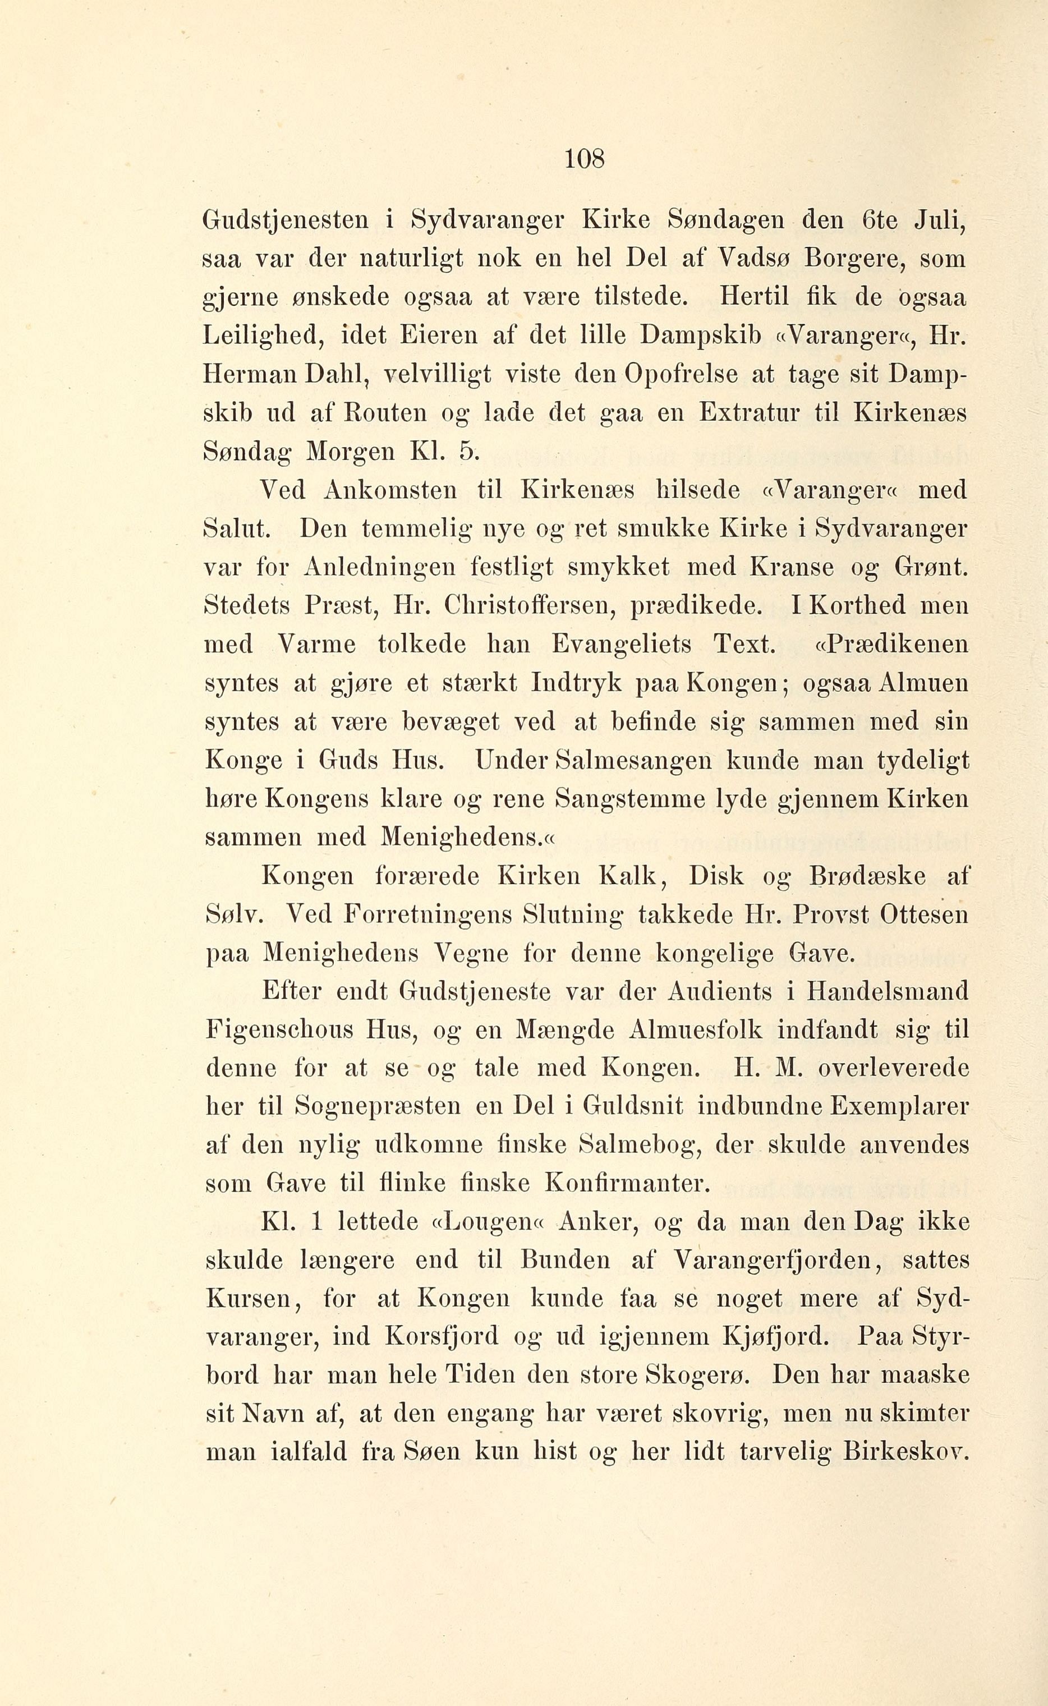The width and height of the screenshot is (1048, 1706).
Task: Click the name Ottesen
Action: click(924, 916)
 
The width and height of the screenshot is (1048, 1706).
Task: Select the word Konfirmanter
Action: click(628, 1184)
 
